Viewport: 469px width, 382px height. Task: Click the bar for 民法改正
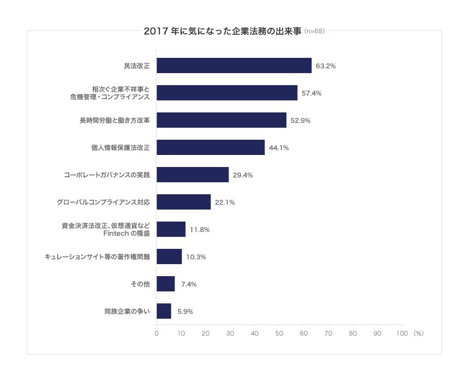click(x=234, y=65)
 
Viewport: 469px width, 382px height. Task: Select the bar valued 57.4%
click(x=227, y=93)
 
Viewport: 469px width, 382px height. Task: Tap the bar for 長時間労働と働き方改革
click(x=221, y=120)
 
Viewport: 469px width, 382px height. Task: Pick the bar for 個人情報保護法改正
click(x=211, y=147)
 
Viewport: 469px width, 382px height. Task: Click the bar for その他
click(x=166, y=284)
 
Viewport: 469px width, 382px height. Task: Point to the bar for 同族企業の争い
click(x=164, y=311)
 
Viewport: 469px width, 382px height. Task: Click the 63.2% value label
click(x=326, y=66)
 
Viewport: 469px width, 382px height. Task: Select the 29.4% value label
click(x=243, y=175)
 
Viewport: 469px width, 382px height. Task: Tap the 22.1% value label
click(x=225, y=202)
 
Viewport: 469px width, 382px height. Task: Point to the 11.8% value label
click(x=200, y=230)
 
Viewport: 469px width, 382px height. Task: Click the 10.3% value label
click(x=196, y=257)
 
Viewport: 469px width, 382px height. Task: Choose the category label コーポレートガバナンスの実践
click(x=106, y=175)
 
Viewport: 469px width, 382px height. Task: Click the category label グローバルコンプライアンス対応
click(x=103, y=202)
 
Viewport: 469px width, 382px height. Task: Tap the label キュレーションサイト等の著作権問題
click(x=97, y=256)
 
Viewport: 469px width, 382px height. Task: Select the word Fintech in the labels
click(x=115, y=234)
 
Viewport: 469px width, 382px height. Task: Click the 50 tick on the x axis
click(x=279, y=333)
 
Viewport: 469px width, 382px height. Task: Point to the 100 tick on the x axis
click(x=401, y=333)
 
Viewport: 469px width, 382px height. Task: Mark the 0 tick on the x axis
click(x=157, y=333)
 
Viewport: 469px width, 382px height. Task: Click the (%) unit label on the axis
click(x=418, y=333)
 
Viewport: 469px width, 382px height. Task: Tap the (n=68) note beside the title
click(x=314, y=31)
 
